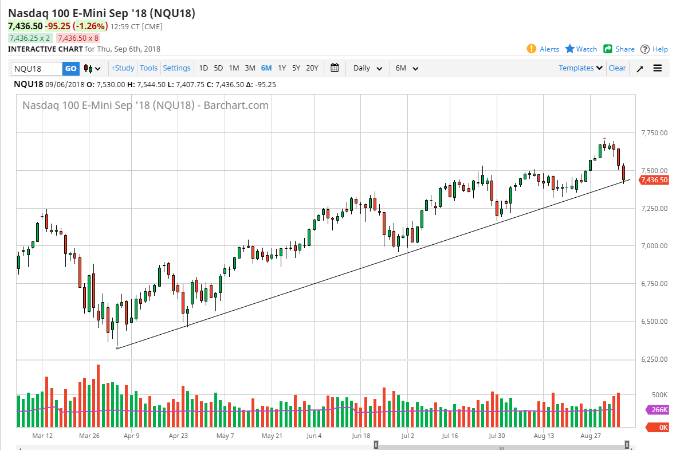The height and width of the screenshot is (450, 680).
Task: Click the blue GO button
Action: [x=70, y=68]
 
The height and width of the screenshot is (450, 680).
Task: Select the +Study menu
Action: [x=123, y=68]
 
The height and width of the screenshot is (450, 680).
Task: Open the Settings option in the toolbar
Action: [x=176, y=68]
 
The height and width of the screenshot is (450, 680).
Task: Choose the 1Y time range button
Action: [x=282, y=68]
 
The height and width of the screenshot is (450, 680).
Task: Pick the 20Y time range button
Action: [x=312, y=68]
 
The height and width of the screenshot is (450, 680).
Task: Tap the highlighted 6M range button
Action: [x=266, y=68]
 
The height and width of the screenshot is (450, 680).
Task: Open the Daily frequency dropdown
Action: [x=367, y=68]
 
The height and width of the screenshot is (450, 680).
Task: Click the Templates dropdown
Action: [x=581, y=68]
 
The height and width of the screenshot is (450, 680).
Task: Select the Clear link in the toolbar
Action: [x=617, y=68]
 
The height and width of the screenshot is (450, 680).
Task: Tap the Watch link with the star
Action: [x=581, y=49]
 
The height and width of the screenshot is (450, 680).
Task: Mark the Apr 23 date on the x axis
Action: [x=178, y=435]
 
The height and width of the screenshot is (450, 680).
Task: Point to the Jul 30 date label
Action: [x=497, y=435]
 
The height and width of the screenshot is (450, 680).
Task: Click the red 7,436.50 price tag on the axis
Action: [x=654, y=180]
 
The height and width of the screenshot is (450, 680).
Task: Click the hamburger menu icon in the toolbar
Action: [x=658, y=68]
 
